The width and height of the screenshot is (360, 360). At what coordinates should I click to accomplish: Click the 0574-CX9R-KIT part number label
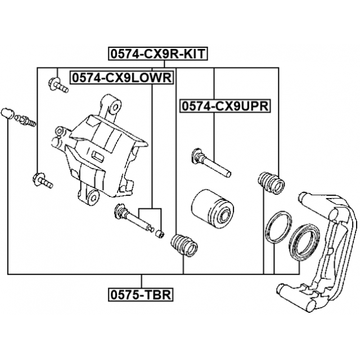click(158, 54)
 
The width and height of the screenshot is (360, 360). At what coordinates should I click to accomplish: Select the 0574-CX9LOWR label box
click(120, 78)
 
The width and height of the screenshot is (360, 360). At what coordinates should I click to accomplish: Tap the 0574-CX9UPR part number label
click(224, 106)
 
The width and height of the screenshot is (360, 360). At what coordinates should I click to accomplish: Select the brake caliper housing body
click(101, 152)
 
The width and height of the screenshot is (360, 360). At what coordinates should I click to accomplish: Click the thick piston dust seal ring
click(303, 241)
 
